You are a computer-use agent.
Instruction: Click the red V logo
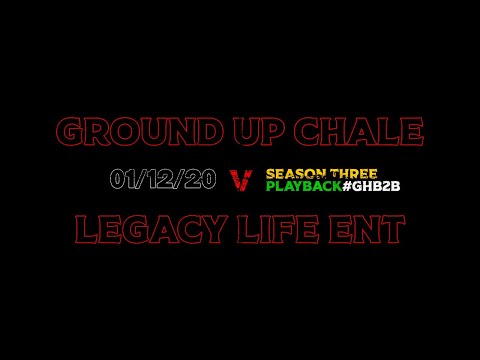click(241, 180)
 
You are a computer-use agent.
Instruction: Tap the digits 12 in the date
click(164, 180)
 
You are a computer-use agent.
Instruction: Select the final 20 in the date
click(203, 180)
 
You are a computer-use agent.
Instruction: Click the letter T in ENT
click(395, 230)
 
